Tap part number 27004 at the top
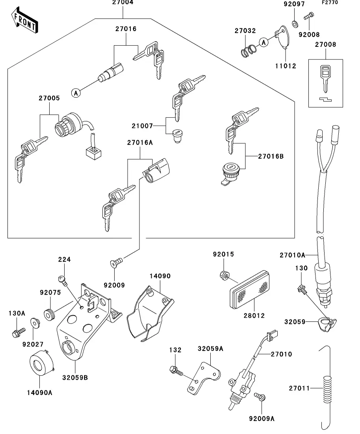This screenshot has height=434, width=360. click(x=123, y=3)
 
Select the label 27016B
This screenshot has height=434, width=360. click(x=271, y=156)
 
